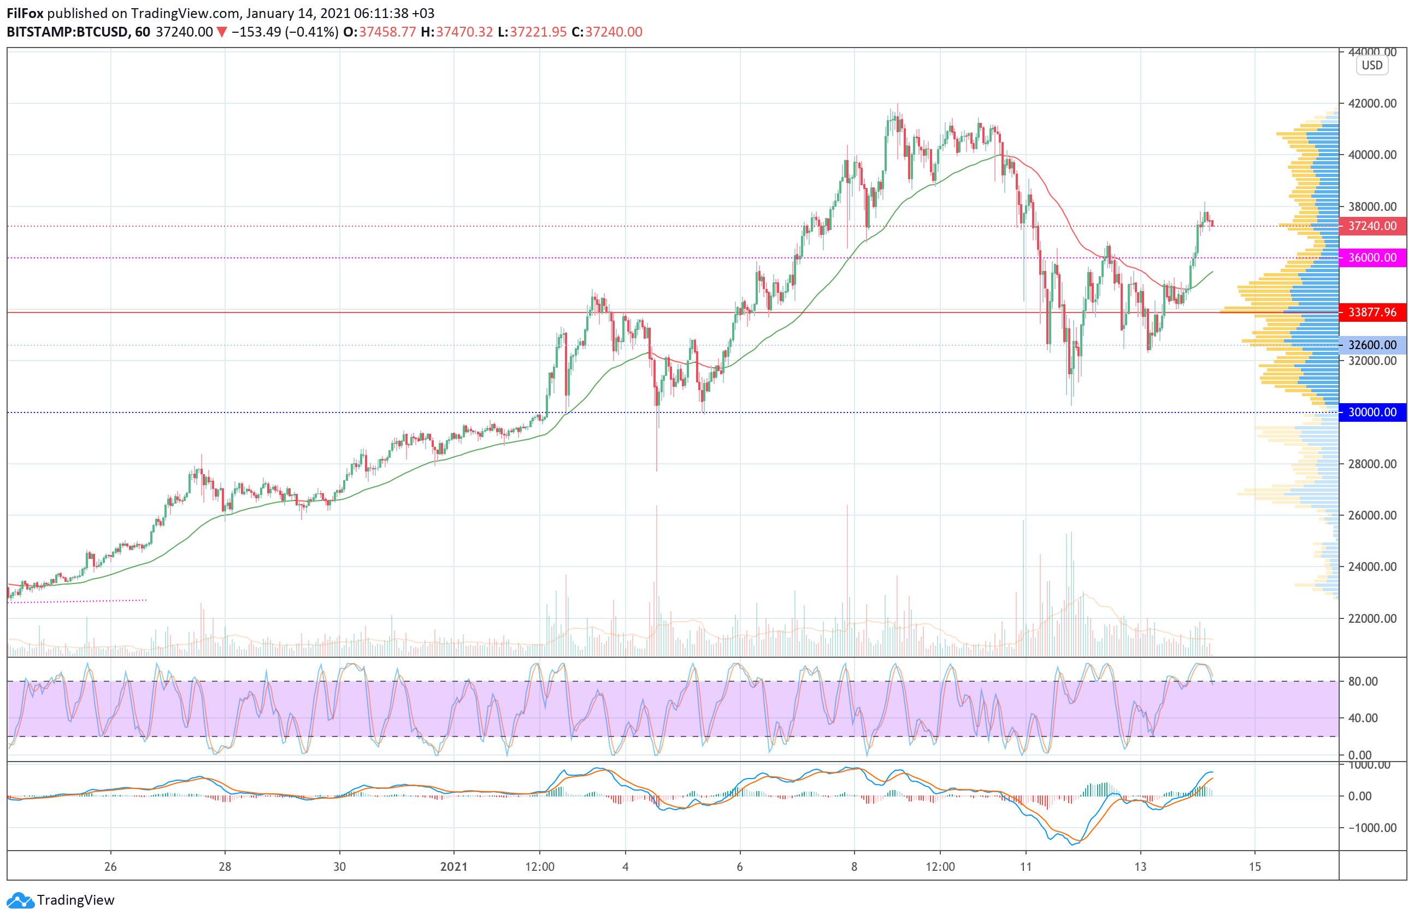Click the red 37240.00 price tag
click(x=1372, y=226)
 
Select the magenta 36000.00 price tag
click(x=1372, y=257)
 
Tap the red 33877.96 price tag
click(x=1372, y=312)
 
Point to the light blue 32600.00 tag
click(x=1372, y=345)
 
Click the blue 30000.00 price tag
click(x=1372, y=412)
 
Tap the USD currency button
click(x=1372, y=66)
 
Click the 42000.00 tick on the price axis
click(x=1372, y=103)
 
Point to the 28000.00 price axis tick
click(x=1372, y=464)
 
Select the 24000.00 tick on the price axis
click(x=1372, y=567)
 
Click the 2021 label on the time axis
click(x=454, y=866)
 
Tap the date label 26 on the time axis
click(x=110, y=866)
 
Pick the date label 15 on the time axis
click(x=1254, y=866)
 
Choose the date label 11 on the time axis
click(x=1026, y=866)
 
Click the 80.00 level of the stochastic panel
click(x=1363, y=681)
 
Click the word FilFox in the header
click(x=25, y=13)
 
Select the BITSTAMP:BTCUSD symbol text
click(x=67, y=32)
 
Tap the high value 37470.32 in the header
click(x=464, y=32)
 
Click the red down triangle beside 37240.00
click(x=222, y=32)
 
